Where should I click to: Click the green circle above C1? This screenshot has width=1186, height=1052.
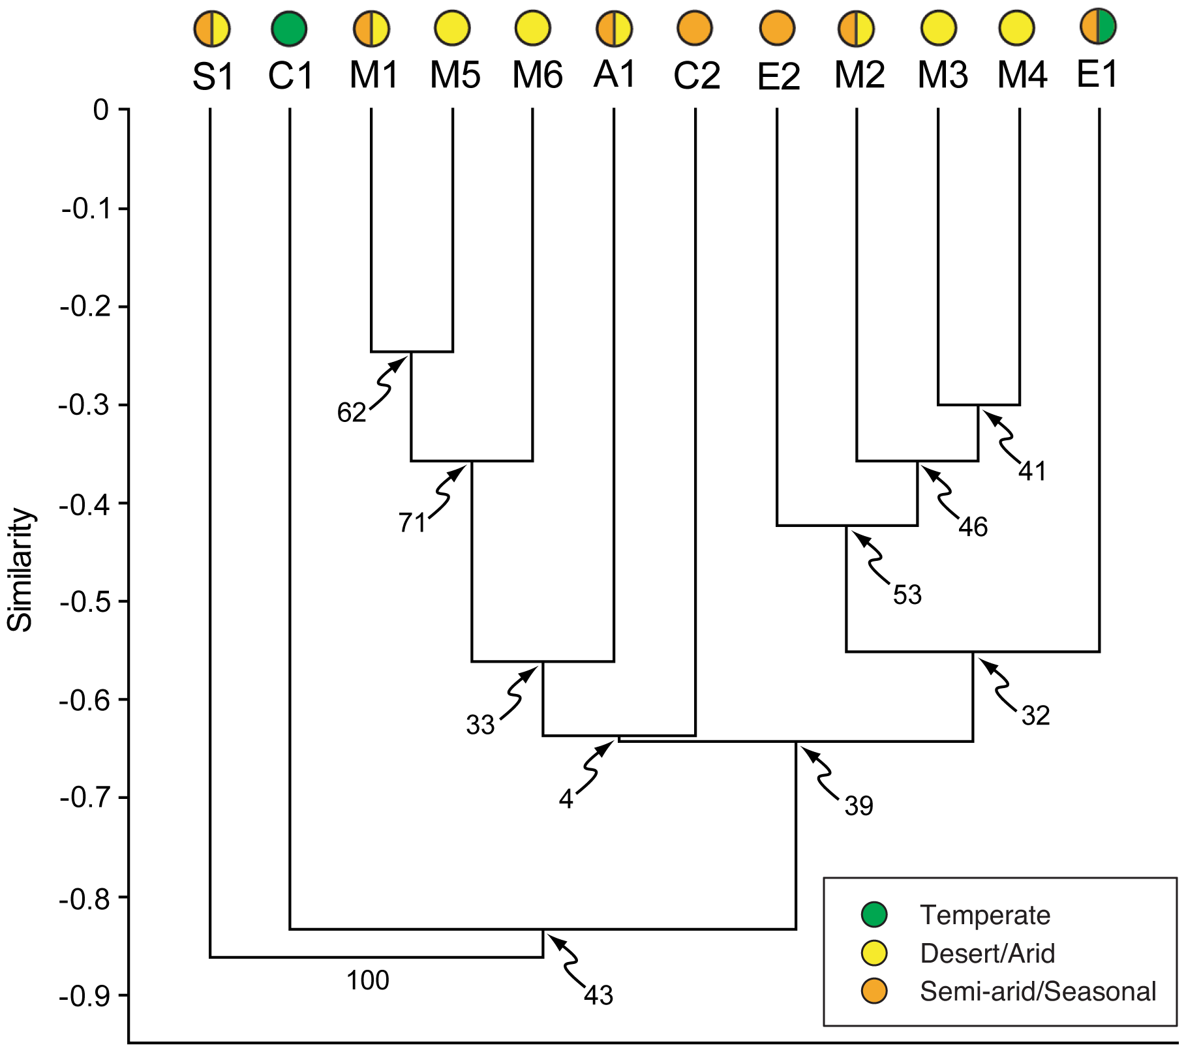pos(289,29)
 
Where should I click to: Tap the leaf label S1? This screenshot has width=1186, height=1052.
pos(213,77)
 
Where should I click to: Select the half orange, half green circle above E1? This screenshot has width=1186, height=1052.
pos(1099,27)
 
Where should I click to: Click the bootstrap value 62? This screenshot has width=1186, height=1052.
pos(352,412)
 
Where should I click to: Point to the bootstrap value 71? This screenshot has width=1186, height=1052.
pos(412,522)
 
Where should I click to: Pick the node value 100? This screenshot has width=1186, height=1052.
pos(368,980)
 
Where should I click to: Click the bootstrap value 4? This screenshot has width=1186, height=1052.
pos(566,799)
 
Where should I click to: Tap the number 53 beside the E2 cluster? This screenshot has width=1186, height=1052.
pos(907,595)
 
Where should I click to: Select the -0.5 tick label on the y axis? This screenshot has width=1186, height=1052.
pos(85,601)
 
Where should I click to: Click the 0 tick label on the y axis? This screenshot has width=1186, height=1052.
pos(101,110)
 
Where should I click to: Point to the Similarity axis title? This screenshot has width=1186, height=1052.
pos(20,570)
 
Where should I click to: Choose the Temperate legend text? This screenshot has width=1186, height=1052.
pos(984,915)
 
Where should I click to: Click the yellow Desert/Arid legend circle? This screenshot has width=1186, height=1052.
pos(874,953)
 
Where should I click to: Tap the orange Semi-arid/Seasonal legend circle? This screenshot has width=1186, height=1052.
pos(874,991)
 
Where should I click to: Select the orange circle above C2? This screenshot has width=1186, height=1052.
pos(695,29)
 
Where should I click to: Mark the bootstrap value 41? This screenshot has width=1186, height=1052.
pos(1032,471)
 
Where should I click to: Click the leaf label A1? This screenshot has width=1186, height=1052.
pos(615,74)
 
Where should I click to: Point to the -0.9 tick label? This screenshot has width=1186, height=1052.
pos(85,997)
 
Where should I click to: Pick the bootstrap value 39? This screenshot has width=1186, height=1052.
pos(859,807)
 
